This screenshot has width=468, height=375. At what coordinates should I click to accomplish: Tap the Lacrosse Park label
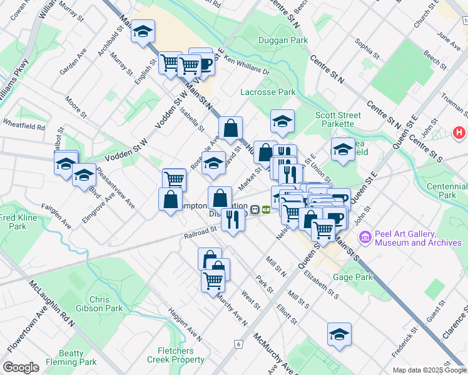268,92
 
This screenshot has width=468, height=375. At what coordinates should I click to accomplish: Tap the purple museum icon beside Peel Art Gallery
365,237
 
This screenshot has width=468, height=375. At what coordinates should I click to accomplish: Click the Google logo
20,367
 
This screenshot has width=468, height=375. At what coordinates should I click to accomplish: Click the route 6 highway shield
238,344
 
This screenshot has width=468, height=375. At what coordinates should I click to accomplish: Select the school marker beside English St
143,31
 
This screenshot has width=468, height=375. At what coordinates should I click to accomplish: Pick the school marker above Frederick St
339,334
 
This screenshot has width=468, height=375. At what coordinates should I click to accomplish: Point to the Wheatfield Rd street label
24,125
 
